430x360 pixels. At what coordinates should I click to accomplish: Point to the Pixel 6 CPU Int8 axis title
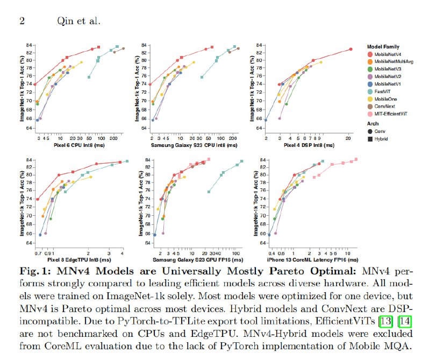point(80,146)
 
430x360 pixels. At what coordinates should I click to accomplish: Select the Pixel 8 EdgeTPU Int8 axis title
point(80,259)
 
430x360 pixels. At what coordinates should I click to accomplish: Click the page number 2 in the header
point(23,22)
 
